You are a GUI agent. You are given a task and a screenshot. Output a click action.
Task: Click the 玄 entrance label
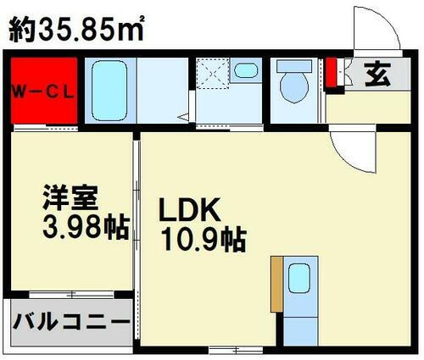[x=378, y=75]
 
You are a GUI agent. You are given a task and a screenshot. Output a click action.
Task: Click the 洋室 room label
[x=73, y=202]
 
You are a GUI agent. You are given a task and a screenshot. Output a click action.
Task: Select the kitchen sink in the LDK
[x=298, y=277]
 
